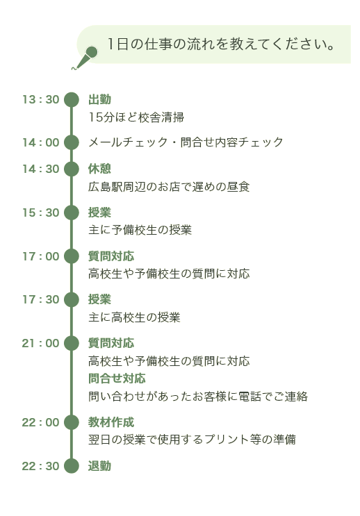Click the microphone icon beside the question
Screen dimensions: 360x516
click(x=85, y=58)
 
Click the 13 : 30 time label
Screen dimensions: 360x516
click(x=40, y=99)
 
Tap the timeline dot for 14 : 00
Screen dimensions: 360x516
click(x=72, y=142)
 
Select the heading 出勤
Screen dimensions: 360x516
click(x=99, y=99)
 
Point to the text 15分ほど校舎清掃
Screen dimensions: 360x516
click(x=136, y=117)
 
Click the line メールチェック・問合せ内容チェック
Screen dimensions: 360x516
click(x=186, y=142)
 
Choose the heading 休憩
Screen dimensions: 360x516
click(x=99, y=169)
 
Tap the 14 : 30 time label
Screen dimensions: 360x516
click(x=40, y=169)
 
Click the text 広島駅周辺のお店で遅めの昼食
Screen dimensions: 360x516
click(x=169, y=187)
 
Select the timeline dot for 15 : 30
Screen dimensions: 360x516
click(x=72, y=213)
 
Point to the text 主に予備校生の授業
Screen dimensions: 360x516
click(x=140, y=230)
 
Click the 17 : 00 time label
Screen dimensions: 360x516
click(x=40, y=256)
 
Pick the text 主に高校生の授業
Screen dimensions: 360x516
click(x=134, y=317)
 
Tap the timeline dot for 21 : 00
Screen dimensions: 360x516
click(x=72, y=343)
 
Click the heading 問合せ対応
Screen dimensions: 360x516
click(x=117, y=378)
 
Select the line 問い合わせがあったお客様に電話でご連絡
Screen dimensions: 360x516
click(x=198, y=397)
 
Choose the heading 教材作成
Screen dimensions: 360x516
click(x=111, y=422)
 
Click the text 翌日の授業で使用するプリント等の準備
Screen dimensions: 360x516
click(x=192, y=440)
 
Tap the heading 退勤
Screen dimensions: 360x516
click(x=99, y=466)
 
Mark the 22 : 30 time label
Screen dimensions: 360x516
click(x=40, y=466)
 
